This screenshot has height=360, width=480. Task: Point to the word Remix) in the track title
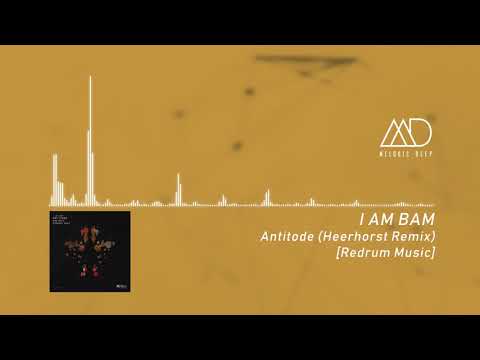[415, 236]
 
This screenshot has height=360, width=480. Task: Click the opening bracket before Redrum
[339, 254]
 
